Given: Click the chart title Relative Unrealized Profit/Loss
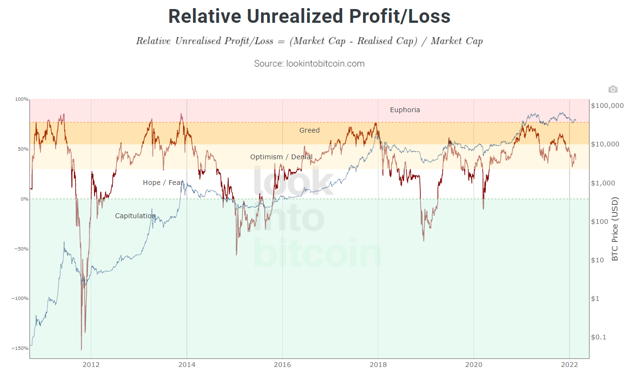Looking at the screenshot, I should [x=309, y=16].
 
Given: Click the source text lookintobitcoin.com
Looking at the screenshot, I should [x=309, y=63].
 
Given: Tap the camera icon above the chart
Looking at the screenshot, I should [x=613, y=89].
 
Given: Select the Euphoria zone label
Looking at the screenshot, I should [x=405, y=110].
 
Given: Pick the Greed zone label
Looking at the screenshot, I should [x=309, y=130].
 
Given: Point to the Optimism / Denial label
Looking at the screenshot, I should [x=281, y=157].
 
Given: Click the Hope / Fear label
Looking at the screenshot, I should [x=163, y=183].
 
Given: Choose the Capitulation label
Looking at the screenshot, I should [x=135, y=216].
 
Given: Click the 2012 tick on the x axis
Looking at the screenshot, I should [x=91, y=366].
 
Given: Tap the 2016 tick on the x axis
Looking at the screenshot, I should [x=282, y=366].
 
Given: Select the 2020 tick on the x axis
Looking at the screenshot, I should [x=474, y=366].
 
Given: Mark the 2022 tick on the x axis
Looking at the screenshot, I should [x=569, y=366].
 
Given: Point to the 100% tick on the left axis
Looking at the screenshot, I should [x=22, y=99].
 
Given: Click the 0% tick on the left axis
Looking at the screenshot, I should [x=24, y=199].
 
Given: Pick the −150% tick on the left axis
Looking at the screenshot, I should [x=21, y=348].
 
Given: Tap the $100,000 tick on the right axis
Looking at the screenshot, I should [x=607, y=106].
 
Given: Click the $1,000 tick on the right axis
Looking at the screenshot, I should [x=603, y=183].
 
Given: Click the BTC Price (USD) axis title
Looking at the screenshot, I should [x=615, y=229].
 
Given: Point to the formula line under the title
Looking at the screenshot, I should [x=309, y=41].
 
